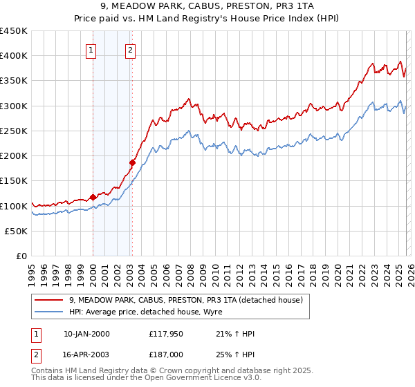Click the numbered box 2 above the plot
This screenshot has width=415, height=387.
click(x=130, y=50)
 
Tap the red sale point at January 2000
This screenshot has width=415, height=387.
click(x=93, y=197)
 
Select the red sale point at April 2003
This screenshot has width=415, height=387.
click(x=132, y=162)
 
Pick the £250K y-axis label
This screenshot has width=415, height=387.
click(x=14, y=131)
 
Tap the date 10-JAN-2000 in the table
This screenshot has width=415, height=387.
click(x=86, y=334)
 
